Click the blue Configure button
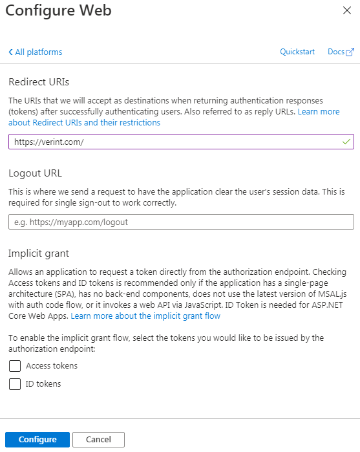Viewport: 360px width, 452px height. pyautogui.click(x=37, y=440)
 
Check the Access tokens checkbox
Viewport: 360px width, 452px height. pyautogui.click(x=15, y=366)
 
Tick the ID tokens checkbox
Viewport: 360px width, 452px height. pyautogui.click(x=15, y=384)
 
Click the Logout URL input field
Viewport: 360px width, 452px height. pyautogui.click(x=181, y=222)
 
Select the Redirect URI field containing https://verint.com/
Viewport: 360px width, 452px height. pyautogui.click(x=175, y=142)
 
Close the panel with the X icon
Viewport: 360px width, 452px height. pyautogui.click(x=346, y=11)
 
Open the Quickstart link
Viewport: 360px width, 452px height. pyautogui.click(x=297, y=52)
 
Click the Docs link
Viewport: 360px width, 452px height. pyautogui.click(x=335, y=52)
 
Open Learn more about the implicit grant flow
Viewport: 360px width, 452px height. pyautogui.click(x=145, y=316)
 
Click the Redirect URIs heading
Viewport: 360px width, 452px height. pyautogui.click(x=39, y=82)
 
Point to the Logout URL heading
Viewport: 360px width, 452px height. pyautogui.click(x=35, y=173)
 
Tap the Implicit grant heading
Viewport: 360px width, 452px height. pyautogui.click(x=39, y=253)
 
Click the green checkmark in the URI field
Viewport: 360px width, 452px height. pyautogui.click(x=346, y=141)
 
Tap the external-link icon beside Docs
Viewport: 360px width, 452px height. pyautogui.click(x=350, y=52)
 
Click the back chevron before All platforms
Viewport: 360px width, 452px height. pyautogui.click(x=11, y=52)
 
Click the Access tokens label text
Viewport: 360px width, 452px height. pyautogui.click(x=52, y=366)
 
